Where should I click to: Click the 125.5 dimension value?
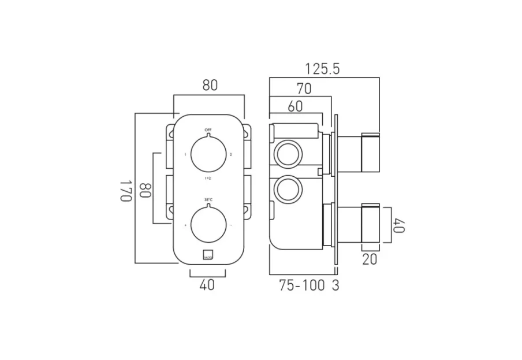322,69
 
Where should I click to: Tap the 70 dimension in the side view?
304,88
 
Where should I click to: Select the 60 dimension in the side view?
296,106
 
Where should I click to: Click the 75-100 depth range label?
300,285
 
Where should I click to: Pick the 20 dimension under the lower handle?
370,259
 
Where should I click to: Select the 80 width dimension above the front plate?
210,86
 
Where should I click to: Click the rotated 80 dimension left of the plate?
145,190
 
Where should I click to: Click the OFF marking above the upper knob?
207,130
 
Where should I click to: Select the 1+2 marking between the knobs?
207,179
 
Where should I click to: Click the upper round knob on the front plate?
207,154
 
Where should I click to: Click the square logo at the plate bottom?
207,254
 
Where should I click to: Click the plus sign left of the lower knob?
185,225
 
